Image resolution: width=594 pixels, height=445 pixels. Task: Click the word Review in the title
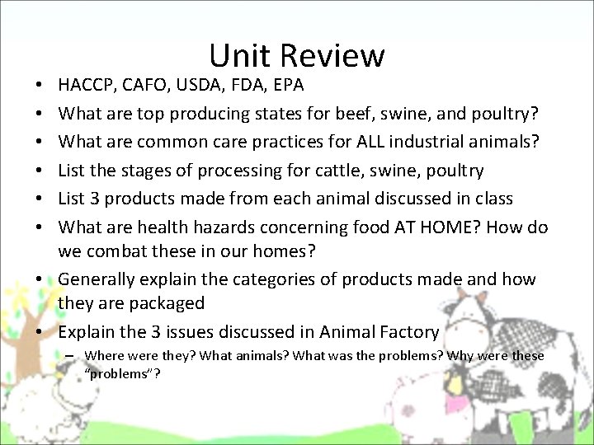click(332, 56)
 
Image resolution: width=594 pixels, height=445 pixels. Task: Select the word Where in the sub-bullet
click(103, 356)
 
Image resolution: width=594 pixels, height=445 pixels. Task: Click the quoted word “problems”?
click(122, 373)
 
